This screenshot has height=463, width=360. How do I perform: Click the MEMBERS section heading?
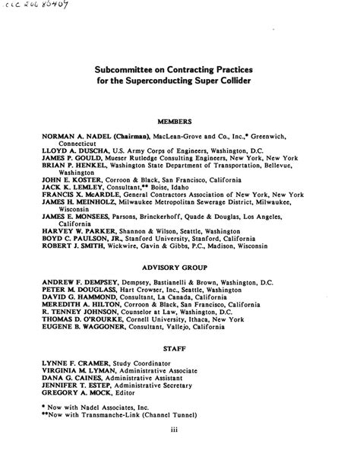(x=179, y=122)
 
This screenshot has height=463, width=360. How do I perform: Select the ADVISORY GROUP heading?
(x=179, y=268)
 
